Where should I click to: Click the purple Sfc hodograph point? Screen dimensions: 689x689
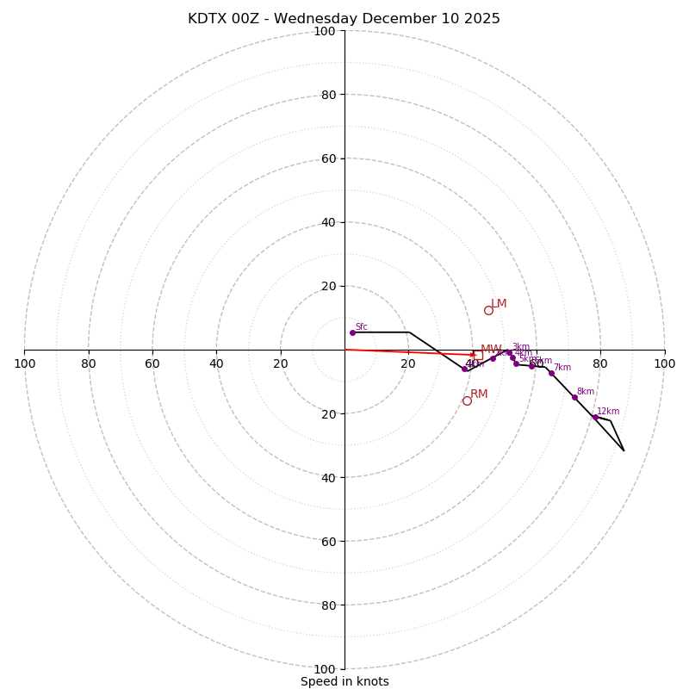tap(352, 332)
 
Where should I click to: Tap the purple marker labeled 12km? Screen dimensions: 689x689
tap(594, 418)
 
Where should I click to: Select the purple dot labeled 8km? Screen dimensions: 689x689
tap(574, 397)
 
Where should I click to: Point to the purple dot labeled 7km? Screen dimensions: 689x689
tap(551, 373)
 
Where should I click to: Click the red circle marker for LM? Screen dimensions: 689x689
tap(488, 310)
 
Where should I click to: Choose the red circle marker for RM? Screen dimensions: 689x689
tap(467, 400)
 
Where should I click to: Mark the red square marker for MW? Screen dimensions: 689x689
tap(478, 355)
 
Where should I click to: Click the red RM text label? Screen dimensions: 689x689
tap(479, 394)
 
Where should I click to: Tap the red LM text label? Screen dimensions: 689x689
tap(499, 304)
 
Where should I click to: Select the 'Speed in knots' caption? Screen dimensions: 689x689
tap(344, 682)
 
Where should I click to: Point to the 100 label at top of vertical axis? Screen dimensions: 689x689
tap(325, 31)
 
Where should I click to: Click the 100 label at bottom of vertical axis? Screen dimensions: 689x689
tap(325, 669)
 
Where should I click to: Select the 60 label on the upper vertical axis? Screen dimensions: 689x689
tap(328, 158)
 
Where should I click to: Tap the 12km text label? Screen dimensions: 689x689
tap(608, 412)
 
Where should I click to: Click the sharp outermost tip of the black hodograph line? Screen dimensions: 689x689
tap(624, 450)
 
